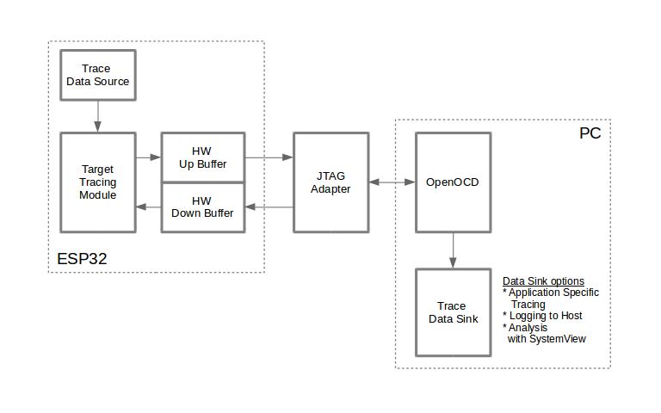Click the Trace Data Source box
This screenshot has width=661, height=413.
click(x=97, y=75)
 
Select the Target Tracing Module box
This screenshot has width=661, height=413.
click(x=97, y=182)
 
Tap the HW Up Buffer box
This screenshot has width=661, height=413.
click(x=203, y=157)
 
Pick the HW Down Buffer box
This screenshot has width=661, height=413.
click(x=203, y=207)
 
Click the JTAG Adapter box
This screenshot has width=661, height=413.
click(x=330, y=182)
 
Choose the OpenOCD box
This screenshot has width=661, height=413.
click(x=453, y=182)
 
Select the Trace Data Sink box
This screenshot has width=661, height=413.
click(x=453, y=312)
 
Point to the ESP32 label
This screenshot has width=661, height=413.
click(x=82, y=258)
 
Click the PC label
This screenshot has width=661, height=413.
click(x=590, y=134)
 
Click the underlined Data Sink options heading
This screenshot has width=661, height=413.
click(x=543, y=281)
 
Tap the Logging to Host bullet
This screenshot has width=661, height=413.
click(x=542, y=316)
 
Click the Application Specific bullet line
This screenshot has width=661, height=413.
click(x=551, y=293)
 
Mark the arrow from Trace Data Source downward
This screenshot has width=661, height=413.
click(x=97, y=115)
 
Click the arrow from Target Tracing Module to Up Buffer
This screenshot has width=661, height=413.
click(x=149, y=157)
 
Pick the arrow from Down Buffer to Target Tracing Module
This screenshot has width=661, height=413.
click(x=149, y=207)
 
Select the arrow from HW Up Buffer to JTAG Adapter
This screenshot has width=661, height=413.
click(x=269, y=157)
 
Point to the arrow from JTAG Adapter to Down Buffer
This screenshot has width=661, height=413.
click(x=269, y=207)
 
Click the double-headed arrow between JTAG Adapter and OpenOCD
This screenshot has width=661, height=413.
click(x=392, y=182)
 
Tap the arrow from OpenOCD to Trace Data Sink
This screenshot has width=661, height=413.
click(x=453, y=250)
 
